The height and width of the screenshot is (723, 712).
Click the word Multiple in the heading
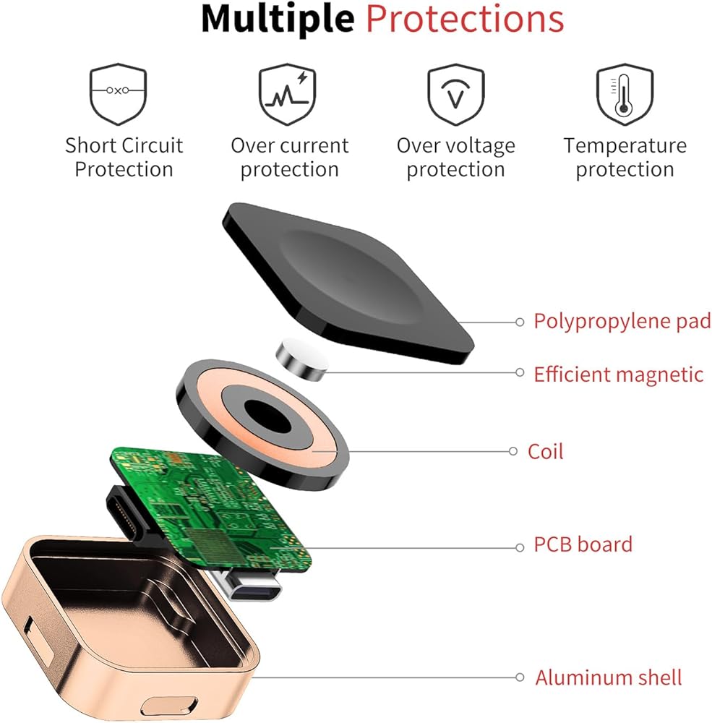pos(277,20)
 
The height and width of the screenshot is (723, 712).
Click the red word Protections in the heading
pos(464,20)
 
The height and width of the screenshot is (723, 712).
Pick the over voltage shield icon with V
pos(455,94)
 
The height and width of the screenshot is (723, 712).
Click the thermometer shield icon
pos(623,94)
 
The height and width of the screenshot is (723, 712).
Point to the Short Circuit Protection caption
pos(124,158)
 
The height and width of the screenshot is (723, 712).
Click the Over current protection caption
pos(289,158)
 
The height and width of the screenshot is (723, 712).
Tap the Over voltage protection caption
pos(455,158)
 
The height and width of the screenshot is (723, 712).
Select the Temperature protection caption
pos(625,158)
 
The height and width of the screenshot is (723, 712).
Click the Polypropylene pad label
pos(622,320)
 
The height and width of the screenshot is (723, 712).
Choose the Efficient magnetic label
pos(618,375)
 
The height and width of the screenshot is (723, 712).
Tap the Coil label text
pos(545,452)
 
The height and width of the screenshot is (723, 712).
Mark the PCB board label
pos(583,544)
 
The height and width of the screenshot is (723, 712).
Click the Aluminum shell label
pos(608,677)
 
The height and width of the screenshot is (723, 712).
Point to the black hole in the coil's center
pos(264,415)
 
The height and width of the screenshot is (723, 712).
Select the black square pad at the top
pos(347,275)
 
